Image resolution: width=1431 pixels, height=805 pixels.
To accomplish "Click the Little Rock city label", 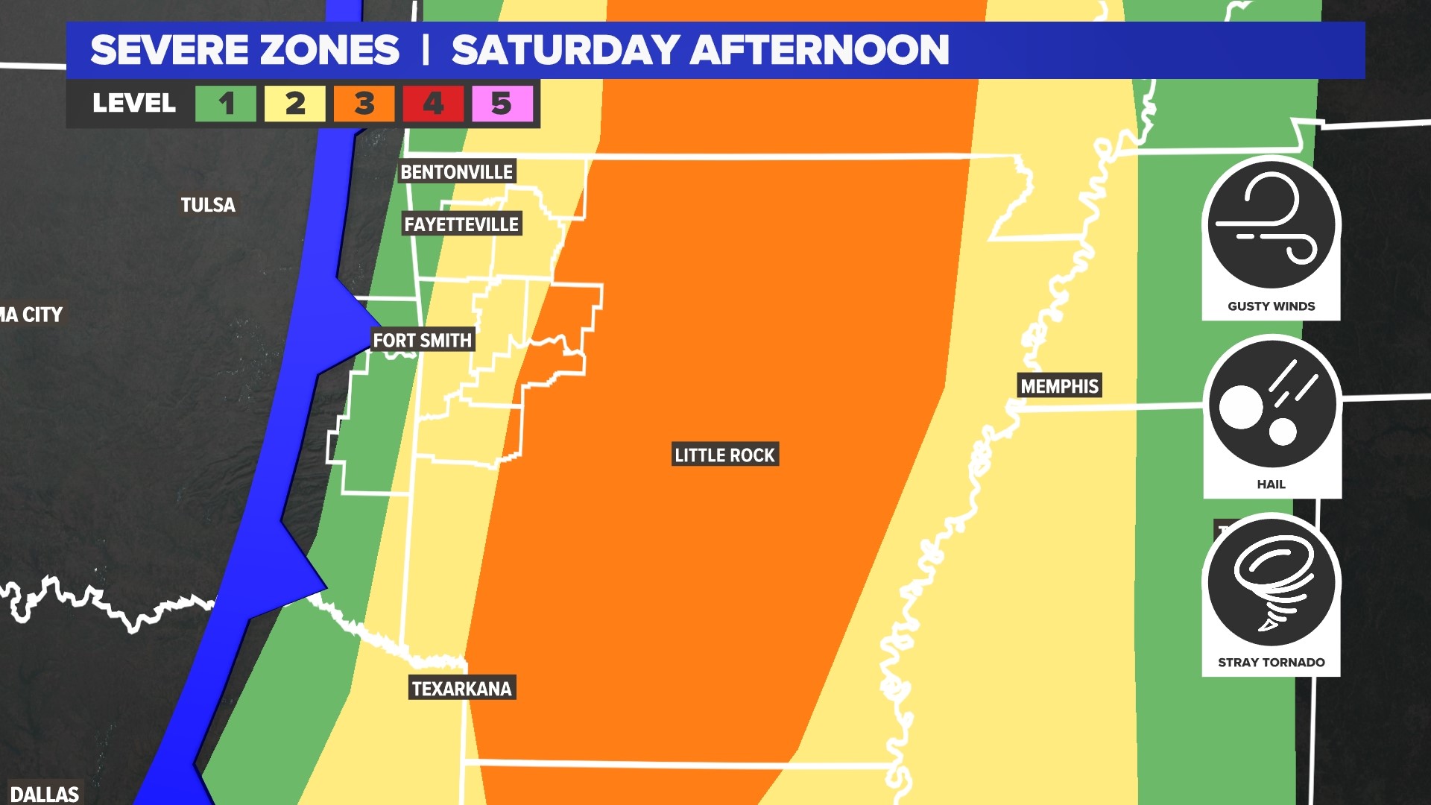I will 724,455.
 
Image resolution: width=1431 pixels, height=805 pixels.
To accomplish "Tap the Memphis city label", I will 1059,386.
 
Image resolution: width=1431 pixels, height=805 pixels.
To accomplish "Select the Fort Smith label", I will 422,341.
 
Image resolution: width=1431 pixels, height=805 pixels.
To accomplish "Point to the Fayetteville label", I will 461,224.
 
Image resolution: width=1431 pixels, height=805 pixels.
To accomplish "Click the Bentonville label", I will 457,172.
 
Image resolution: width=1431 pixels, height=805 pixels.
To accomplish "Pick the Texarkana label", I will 462,689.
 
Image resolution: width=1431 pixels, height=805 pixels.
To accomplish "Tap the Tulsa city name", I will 208,205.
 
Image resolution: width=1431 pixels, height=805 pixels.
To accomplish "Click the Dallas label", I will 45,794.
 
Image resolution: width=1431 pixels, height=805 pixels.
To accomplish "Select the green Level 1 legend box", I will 226,104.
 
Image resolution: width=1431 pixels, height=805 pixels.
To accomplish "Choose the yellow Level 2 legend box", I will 295,104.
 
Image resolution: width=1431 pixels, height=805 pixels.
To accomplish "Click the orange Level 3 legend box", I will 364,104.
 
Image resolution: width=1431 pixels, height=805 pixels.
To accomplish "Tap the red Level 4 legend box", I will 433,104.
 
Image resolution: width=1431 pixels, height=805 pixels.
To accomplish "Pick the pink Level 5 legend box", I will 502,104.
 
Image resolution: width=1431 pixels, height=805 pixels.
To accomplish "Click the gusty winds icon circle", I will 1271,224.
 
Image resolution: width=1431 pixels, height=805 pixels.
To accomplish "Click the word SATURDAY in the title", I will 566,50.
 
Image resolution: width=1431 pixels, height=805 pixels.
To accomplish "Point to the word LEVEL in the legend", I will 134,104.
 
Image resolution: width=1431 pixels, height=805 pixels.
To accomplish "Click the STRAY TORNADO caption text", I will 1271,663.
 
